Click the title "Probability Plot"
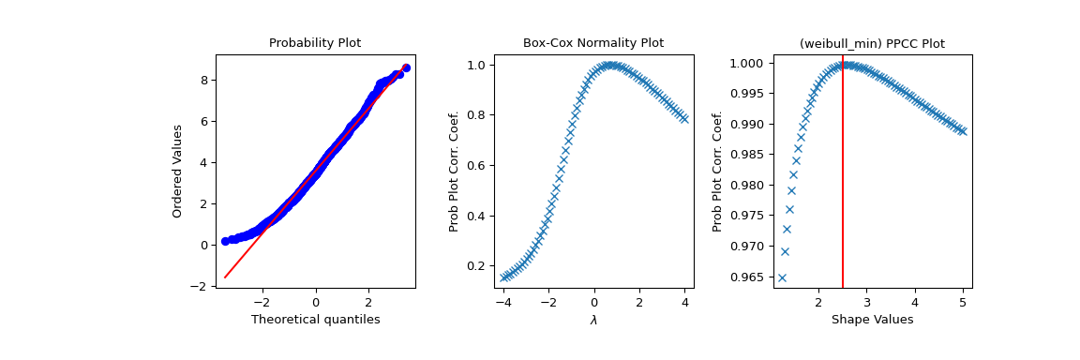(x=315, y=43)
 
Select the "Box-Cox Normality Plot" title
(x=592, y=43)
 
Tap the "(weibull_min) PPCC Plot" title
(x=872, y=43)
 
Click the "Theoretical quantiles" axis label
(x=315, y=320)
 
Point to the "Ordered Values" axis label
(x=177, y=171)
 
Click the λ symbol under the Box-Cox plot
(x=593, y=320)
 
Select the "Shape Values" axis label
(x=872, y=320)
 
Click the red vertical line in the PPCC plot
(x=843, y=187)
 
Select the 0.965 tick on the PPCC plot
(x=741, y=277)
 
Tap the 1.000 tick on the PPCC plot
(x=741, y=63)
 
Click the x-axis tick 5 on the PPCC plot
(x=963, y=303)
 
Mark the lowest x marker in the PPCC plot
(x=782, y=277)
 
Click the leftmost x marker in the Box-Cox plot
(x=504, y=277)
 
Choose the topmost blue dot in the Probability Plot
(x=406, y=67)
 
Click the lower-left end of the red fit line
(x=225, y=277)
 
